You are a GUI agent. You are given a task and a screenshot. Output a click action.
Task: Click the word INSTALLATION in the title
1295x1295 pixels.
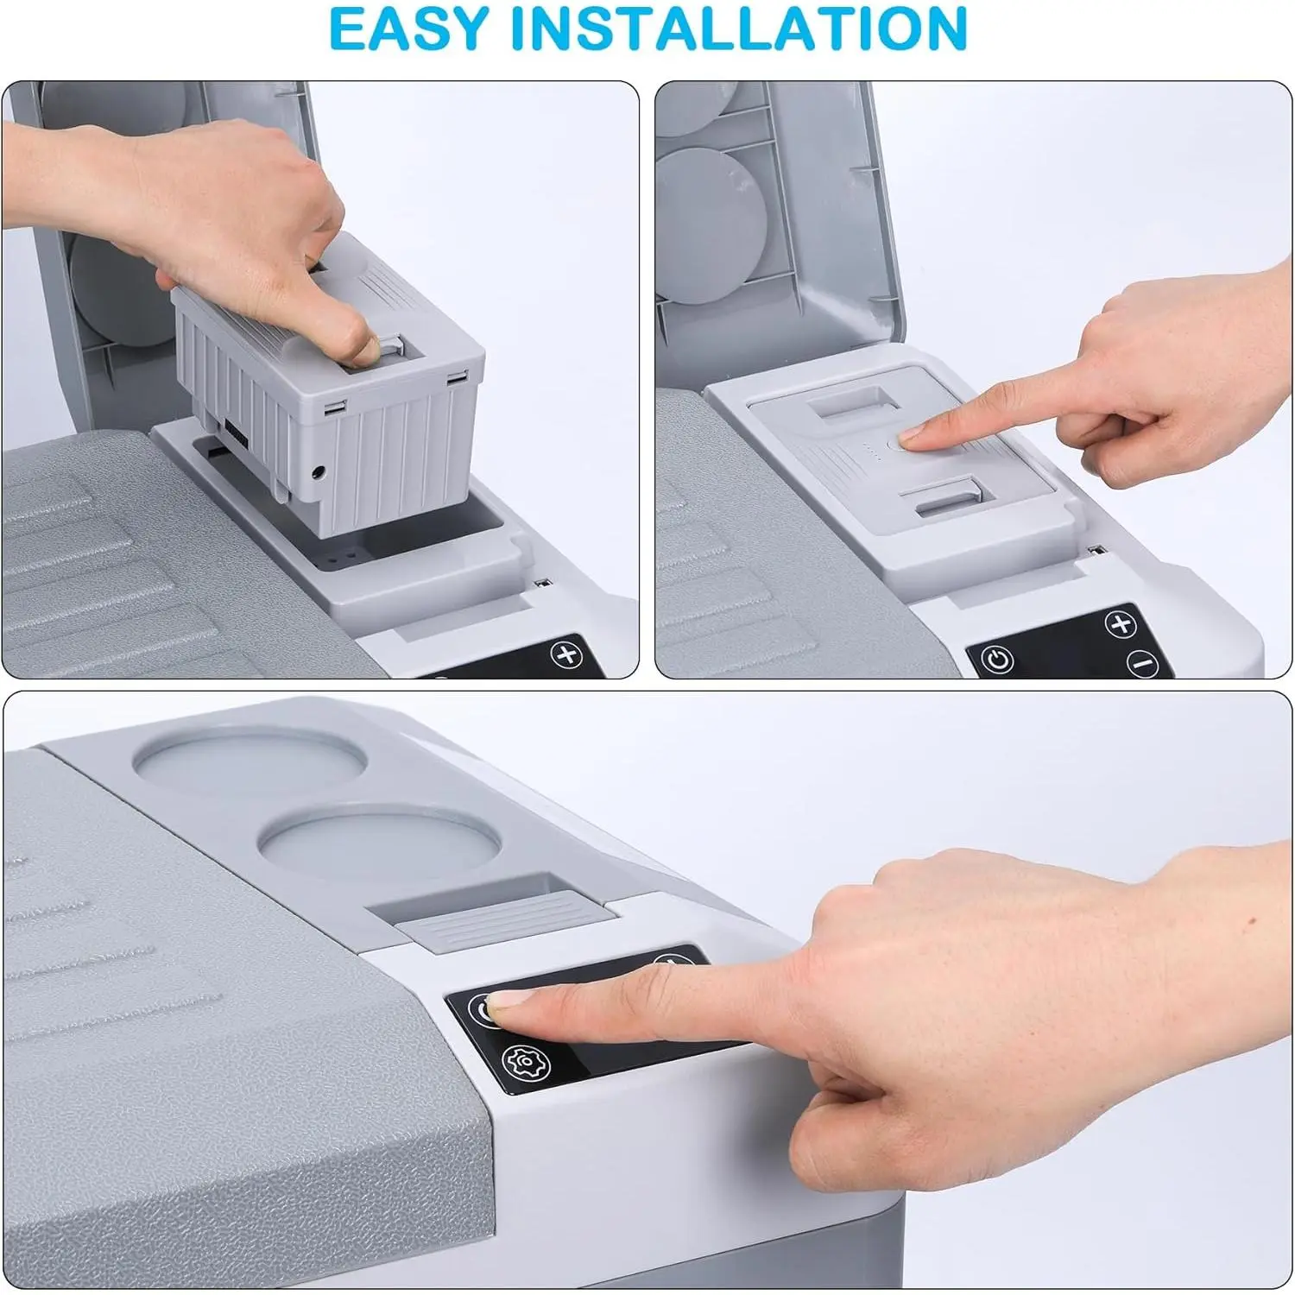pyautogui.click(x=739, y=28)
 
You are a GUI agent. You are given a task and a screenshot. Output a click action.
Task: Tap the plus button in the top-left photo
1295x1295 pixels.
pyautogui.click(x=567, y=654)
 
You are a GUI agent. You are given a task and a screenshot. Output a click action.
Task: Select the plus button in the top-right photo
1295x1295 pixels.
pyautogui.click(x=1121, y=625)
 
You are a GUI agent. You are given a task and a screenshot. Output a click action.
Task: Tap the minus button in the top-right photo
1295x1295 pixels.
pyautogui.click(x=1142, y=664)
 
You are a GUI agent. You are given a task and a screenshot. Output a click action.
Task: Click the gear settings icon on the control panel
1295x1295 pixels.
pyautogui.click(x=521, y=1062)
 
